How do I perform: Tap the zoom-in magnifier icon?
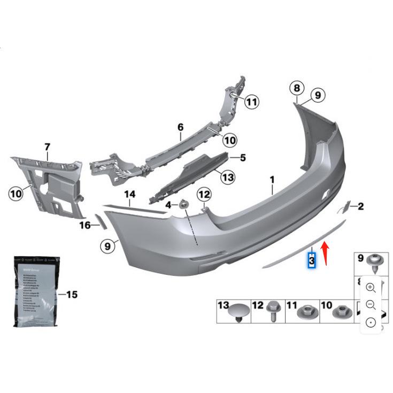point(371,288)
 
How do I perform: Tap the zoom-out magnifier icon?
point(371,305)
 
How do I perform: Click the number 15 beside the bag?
point(71,295)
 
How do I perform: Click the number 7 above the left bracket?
point(47,147)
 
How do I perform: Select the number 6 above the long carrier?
point(180,127)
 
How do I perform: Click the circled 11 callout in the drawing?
point(252,101)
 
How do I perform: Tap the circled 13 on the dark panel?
point(228,176)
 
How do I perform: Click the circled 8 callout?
point(297,88)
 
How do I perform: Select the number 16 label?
point(85,226)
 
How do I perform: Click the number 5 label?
point(242,158)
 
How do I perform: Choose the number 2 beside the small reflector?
point(360,206)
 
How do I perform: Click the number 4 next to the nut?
point(168,205)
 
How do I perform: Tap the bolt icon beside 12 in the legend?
point(271,310)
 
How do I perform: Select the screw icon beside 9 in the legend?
point(373,262)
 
